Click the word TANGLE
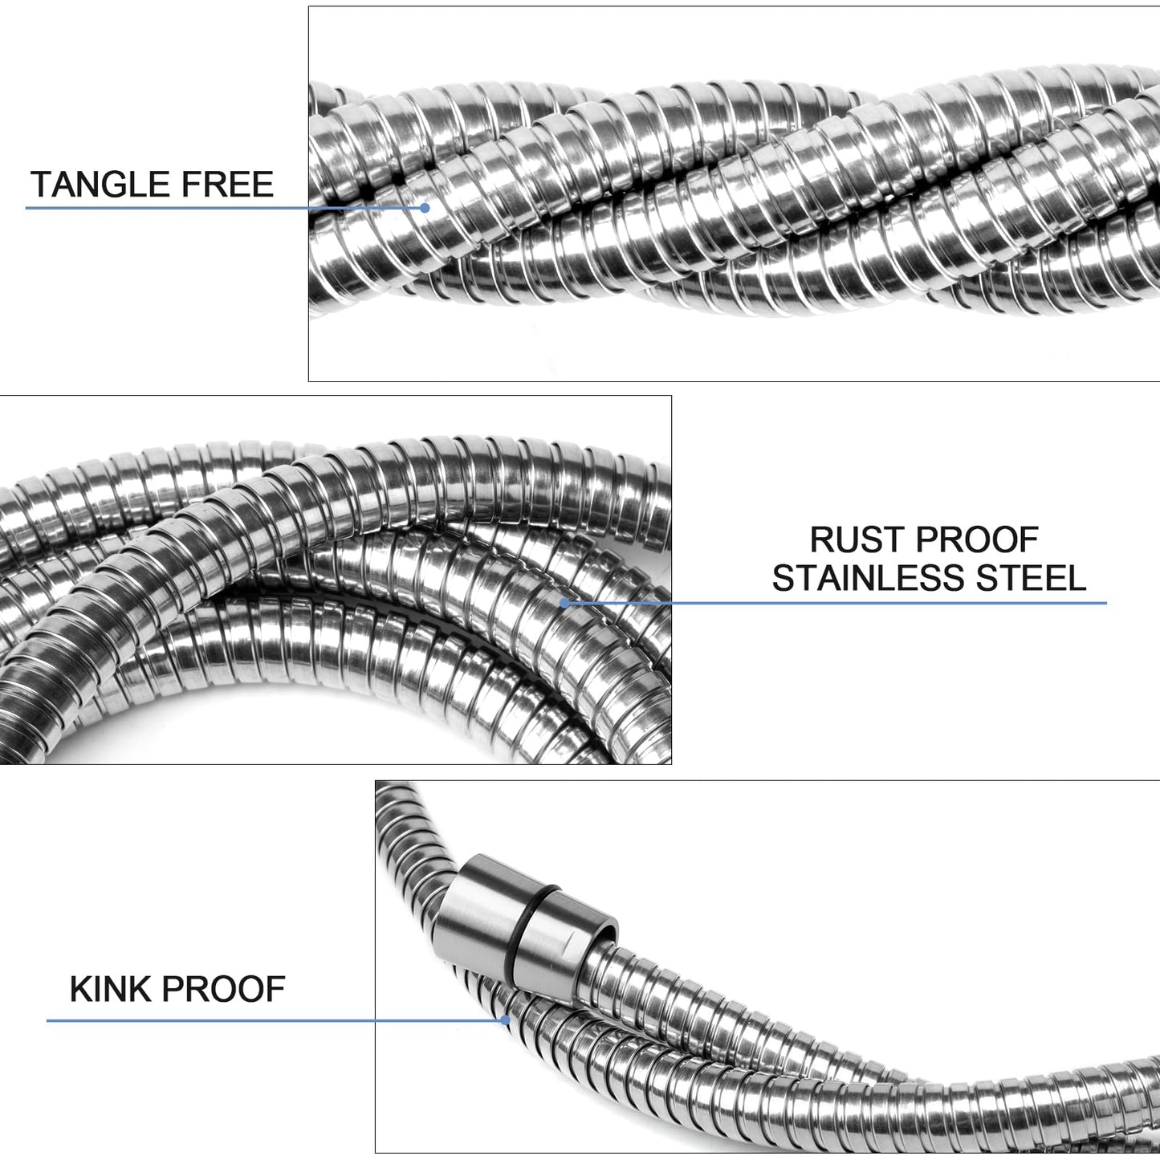(x=100, y=184)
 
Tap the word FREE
(x=227, y=184)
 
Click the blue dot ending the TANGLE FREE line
(x=425, y=208)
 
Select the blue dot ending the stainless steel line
(x=564, y=603)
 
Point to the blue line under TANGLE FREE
(x=225, y=208)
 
